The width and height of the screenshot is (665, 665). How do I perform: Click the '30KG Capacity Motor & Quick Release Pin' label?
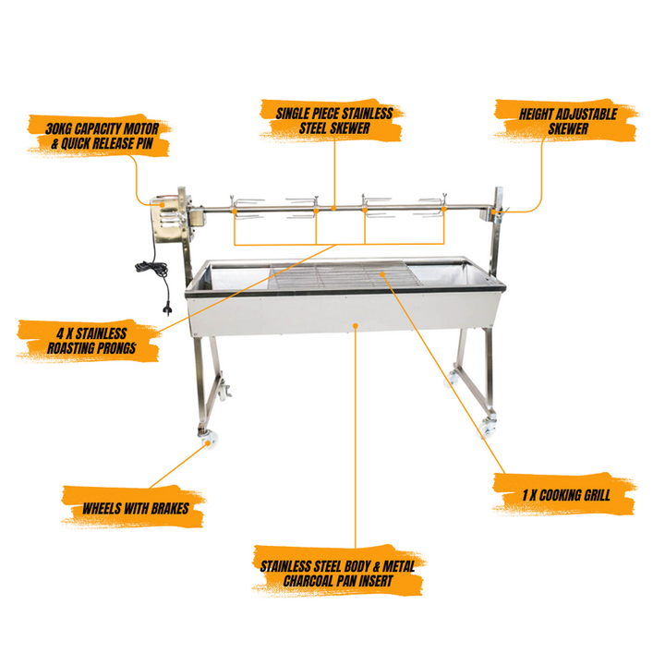click(x=102, y=136)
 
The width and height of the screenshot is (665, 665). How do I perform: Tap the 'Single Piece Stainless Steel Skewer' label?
click(x=334, y=120)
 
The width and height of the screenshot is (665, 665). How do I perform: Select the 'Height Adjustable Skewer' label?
click(x=568, y=121)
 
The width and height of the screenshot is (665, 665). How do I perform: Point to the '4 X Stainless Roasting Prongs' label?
click(x=91, y=341)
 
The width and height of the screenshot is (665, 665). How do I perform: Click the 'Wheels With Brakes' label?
click(x=135, y=508)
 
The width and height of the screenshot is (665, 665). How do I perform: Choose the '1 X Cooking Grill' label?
click(x=566, y=494)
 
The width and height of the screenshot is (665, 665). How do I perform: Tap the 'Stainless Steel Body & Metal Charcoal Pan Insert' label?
click(x=338, y=574)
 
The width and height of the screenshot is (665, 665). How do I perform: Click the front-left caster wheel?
click(x=208, y=439)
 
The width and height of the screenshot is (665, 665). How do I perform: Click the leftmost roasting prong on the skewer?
click(x=247, y=208)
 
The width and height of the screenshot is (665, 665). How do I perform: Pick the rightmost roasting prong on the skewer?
click(x=431, y=207)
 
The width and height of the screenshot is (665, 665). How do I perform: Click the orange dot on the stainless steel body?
click(x=356, y=326)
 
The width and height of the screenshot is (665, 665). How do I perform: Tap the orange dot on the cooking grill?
click(x=382, y=274)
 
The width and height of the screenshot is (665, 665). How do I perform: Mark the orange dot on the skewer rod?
click(x=334, y=208)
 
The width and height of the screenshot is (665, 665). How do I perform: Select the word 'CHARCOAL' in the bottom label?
click(x=308, y=581)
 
